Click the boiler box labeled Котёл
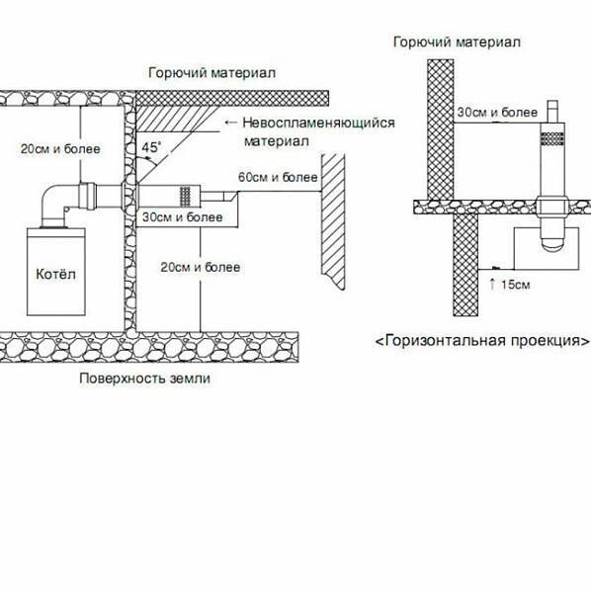tap(56, 272)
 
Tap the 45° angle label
tap(151, 146)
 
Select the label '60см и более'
tap(278, 177)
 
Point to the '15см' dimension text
tap(516, 285)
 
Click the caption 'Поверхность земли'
tap(145, 379)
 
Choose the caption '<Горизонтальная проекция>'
tap(482, 340)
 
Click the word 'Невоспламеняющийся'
tap(319, 123)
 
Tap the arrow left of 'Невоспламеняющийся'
tap(230, 123)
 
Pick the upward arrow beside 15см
tap(492, 284)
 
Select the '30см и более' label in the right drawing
tap(497, 113)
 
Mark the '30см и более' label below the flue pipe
tap(183, 217)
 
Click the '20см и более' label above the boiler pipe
tap(60, 148)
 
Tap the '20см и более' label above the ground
tap(201, 268)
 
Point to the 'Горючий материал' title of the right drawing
tap(457, 42)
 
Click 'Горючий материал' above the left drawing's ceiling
tap(211, 72)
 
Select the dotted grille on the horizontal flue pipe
tap(185, 197)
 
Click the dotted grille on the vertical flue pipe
tap(552, 138)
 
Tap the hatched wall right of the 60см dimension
tap(333, 221)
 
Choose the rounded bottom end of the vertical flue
tap(552, 242)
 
